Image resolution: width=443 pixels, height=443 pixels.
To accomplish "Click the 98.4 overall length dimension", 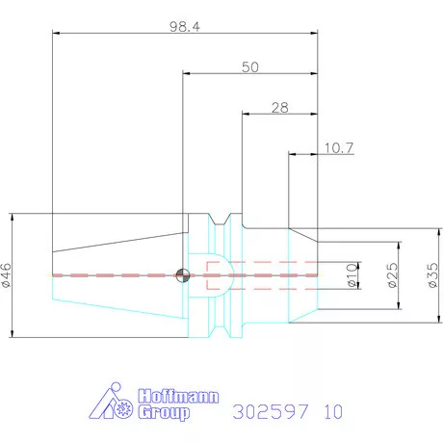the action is pos(185,27).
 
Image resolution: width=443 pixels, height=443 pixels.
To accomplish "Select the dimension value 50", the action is pos(250,67).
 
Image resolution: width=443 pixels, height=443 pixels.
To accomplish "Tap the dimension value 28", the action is pos(280,108).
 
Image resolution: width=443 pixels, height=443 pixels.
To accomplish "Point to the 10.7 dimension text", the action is pos(339,148).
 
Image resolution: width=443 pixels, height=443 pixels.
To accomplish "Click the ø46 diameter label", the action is pos(6,275).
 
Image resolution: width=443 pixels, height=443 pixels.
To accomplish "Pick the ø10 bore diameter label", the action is pos(352,275).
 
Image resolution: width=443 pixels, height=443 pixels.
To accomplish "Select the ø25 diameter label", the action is pos(392,275).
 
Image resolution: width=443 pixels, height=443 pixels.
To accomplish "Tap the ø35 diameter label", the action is pos(432,275).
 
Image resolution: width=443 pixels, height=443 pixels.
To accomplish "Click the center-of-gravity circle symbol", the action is pos(183,275).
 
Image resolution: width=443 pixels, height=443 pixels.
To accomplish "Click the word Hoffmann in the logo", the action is pos(178,397).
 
